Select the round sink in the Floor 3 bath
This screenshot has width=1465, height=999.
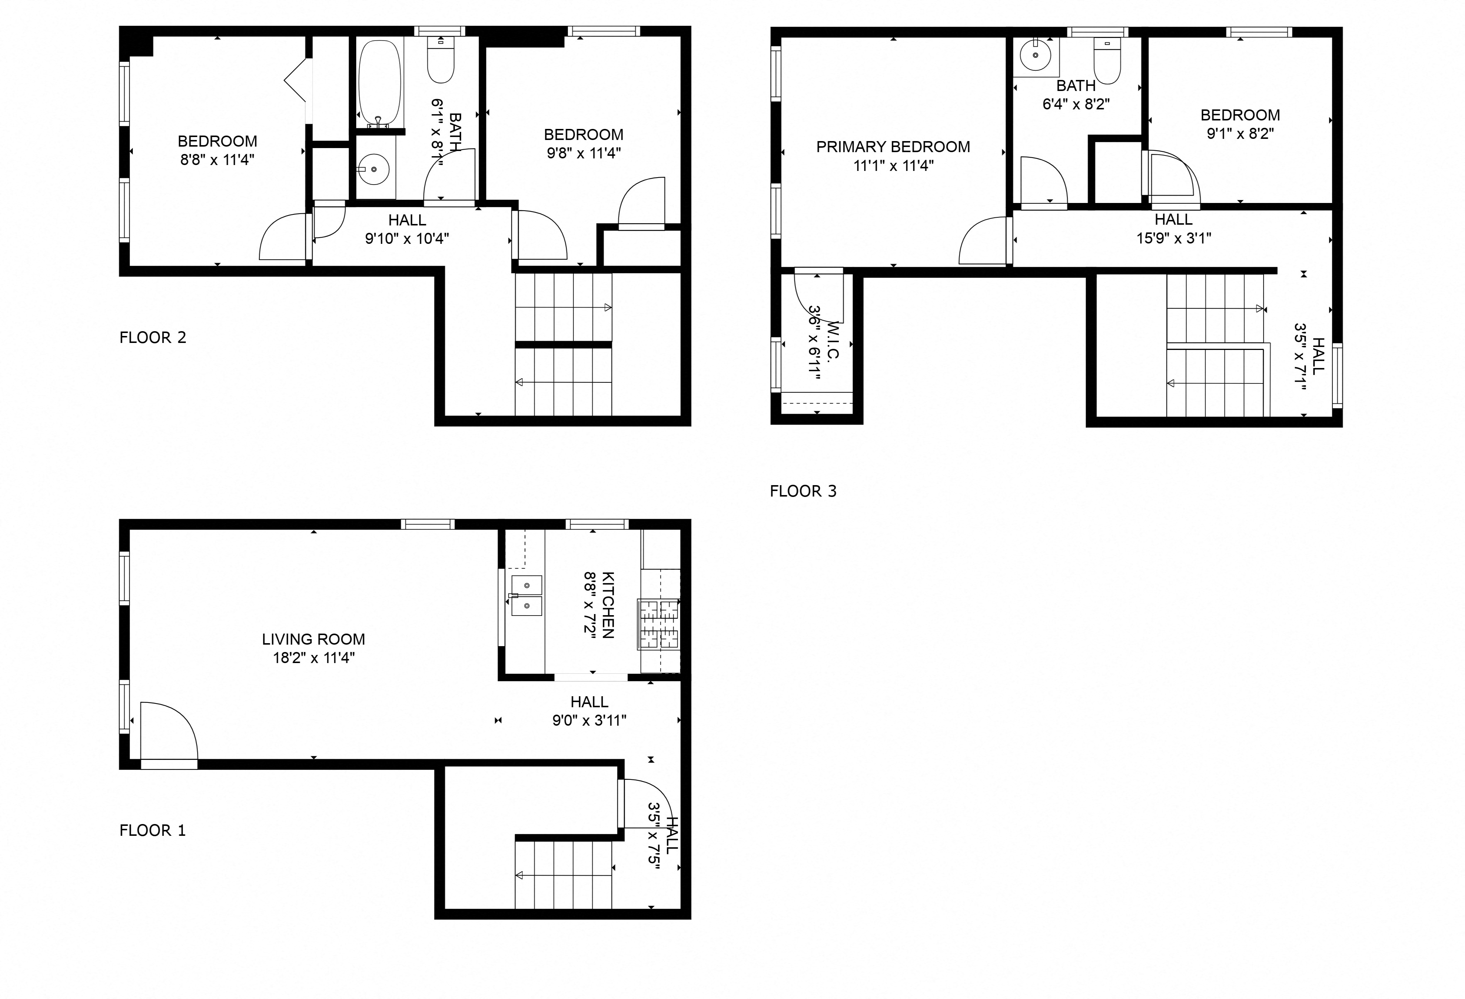pos(1036,56)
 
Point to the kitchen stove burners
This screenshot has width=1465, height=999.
pos(659,624)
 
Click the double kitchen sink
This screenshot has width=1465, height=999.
pos(526,595)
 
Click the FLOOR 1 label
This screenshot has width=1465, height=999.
pos(152,831)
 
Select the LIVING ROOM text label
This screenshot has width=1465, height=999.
pos(313,639)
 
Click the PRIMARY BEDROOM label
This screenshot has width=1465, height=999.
pos(893,147)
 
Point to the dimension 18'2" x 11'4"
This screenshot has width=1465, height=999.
pos(313,658)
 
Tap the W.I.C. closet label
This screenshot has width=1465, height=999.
pos(832,341)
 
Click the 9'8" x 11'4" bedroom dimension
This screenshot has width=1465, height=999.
pos(583,153)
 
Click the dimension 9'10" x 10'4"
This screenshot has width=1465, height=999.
pos(407,238)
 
